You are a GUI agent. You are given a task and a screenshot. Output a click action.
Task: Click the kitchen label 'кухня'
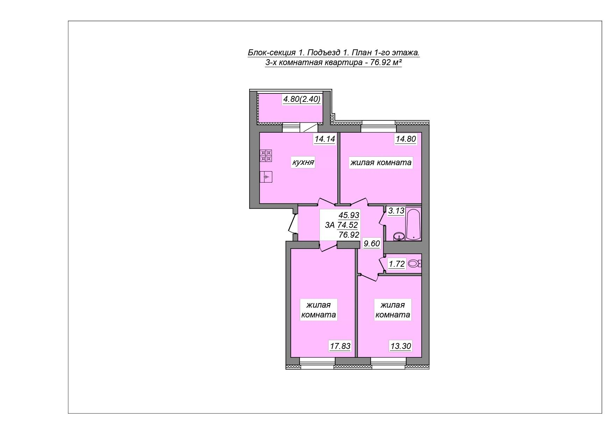[x=303, y=162]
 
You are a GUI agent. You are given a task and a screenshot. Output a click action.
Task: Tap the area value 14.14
[x=325, y=139]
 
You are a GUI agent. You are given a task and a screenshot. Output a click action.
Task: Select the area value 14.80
[x=406, y=139]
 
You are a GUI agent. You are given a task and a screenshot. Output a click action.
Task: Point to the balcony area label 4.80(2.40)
[x=302, y=99]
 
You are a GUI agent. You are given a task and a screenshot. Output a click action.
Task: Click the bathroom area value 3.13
[x=396, y=211]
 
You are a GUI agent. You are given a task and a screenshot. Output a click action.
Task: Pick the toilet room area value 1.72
[x=397, y=264]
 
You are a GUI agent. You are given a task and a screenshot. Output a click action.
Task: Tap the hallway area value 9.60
[x=372, y=243]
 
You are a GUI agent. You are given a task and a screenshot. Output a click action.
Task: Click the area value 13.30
[x=401, y=346]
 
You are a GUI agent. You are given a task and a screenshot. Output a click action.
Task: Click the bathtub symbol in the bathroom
[x=414, y=224]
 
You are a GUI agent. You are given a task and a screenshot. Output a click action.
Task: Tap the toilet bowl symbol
[x=415, y=264]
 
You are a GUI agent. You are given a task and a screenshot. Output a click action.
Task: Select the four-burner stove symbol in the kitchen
[x=266, y=156]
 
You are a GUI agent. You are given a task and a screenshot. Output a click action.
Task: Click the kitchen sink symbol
[x=266, y=177]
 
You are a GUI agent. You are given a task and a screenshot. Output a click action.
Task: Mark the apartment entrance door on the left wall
[x=293, y=223]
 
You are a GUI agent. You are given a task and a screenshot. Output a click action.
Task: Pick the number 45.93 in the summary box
[x=349, y=215]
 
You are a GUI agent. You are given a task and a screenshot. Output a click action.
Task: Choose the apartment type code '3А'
[x=330, y=225]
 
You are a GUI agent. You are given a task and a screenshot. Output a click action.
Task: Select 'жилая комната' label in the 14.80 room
[x=381, y=162]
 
